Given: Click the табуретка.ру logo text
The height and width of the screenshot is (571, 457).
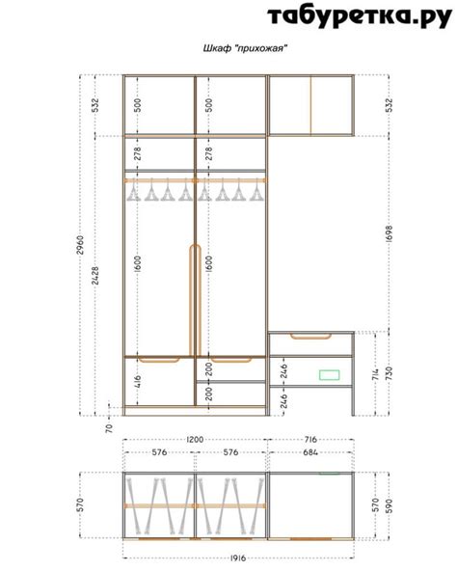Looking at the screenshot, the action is [x=360, y=16].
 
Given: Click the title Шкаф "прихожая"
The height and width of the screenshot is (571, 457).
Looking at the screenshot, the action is [x=246, y=48].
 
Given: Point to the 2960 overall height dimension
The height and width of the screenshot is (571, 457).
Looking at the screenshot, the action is [x=80, y=245].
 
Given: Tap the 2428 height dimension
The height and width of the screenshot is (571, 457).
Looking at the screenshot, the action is [x=95, y=276].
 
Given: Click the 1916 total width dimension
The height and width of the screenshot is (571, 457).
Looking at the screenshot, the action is [x=238, y=557].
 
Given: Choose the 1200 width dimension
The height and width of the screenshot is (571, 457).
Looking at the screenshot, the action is [x=195, y=440].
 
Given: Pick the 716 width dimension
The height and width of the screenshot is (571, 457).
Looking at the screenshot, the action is [x=310, y=440].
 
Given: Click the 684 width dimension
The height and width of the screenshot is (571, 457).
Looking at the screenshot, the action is [x=310, y=452].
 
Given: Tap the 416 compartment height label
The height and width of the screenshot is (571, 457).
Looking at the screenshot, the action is [x=138, y=381].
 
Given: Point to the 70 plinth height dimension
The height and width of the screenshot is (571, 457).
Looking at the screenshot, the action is [x=109, y=428].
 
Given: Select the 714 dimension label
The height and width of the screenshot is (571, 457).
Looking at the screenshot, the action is [x=376, y=373].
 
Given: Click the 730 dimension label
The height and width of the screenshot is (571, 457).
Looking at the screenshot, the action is [x=390, y=373].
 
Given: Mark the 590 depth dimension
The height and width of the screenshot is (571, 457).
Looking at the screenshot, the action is [x=390, y=505].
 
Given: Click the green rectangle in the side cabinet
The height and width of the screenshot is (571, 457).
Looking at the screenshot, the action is [x=329, y=374].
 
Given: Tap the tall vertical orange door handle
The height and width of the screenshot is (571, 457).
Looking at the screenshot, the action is [x=195, y=300].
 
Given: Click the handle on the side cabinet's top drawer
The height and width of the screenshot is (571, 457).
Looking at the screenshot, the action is [x=310, y=336].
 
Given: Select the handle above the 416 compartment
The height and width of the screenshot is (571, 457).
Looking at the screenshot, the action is [x=159, y=360].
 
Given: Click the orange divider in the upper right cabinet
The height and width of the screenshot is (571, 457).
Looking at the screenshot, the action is [x=311, y=105].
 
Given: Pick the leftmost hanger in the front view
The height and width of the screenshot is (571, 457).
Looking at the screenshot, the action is [x=134, y=190].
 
